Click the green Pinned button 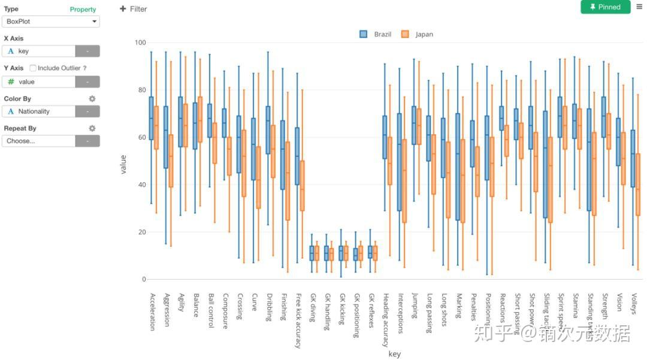[x=605, y=7]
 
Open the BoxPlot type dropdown [x=51, y=22]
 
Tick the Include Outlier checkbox [x=33, y=68]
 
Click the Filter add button [x=133, y=9]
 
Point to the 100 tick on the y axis [x=141, y=43]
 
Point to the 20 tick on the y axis [x=143, y=232]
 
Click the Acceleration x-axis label [x=152, y=311]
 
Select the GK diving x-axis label [x=313, y=307]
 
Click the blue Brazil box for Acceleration [x=151, y=118]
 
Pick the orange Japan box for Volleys [x=638, y=184]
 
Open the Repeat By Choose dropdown [x=51, y=141]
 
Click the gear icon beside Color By [x=92, y=99]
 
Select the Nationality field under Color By [x=39, y=111]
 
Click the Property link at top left [x=83, y=10]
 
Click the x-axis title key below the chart [x=394, y=354]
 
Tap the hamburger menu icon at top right [x=639, y=7]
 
